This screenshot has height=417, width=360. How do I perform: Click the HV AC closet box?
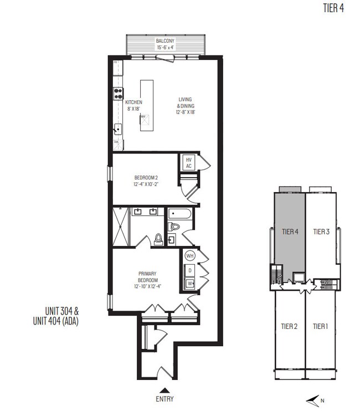click(188, 163)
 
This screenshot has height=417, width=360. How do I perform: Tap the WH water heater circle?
click(190, 256)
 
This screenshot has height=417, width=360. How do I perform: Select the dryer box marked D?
click(190, 270)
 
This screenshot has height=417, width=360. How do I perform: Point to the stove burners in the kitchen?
click(118, 94)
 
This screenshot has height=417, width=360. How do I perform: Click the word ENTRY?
click(165, 399)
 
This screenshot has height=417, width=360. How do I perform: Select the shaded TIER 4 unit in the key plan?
click(289, 233)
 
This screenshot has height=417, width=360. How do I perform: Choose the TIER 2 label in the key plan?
click(289, 326)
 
